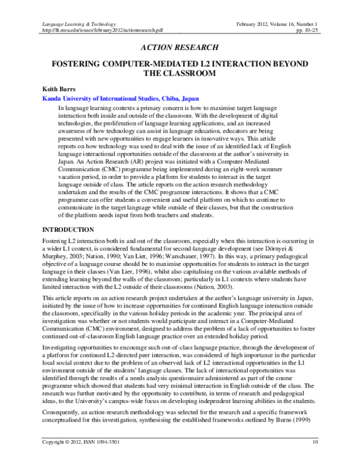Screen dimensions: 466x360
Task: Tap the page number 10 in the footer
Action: click(x=316, y=459)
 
